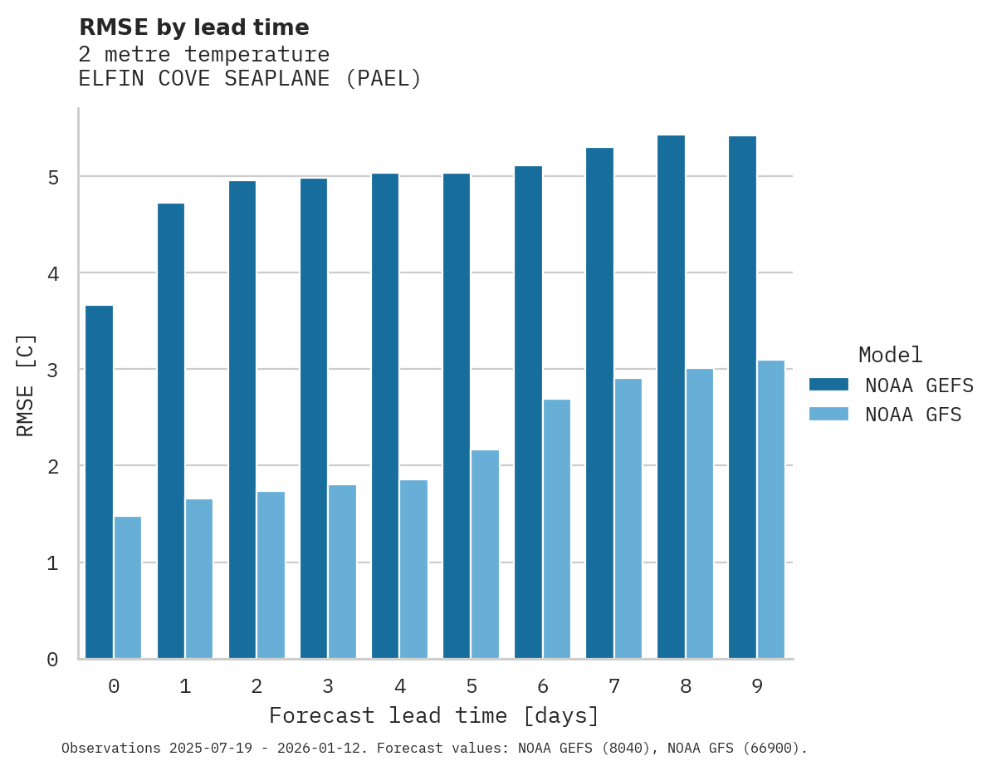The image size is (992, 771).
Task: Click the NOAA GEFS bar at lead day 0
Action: coord(100,482)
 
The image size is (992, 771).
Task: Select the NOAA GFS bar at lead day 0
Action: coord(128,587)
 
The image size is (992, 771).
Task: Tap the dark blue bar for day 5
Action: coord(457,415)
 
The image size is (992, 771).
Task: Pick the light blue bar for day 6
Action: coord(556,529)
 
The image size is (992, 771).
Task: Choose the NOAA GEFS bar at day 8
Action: coord(671,397)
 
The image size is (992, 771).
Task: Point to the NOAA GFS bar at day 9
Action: coord(770,509)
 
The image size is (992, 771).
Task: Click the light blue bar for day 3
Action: coord(342,572)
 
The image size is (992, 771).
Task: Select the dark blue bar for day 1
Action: coord(171,430)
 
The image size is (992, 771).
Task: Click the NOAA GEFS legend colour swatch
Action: coord(828,385)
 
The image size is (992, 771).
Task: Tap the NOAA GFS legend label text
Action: coord(913,415)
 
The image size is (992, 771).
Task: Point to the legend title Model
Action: coord(890,356)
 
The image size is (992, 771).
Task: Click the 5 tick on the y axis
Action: coord(52,178)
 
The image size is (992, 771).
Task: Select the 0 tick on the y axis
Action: coord(52,660)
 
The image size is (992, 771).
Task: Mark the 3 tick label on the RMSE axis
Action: coord(52,371)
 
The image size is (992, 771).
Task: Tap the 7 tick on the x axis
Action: coord(613,686)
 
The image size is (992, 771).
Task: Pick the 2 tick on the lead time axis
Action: coord(257,686)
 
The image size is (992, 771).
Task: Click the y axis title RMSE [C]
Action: coord(26,385)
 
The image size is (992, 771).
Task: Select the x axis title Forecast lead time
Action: coord(433,715)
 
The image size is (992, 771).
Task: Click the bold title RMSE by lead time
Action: coord(193,27)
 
